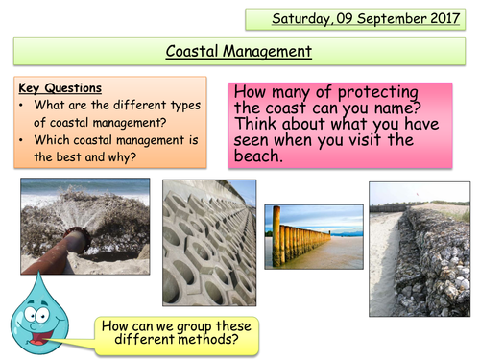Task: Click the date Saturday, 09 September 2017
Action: pyautogui.click(x=353, y=19)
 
